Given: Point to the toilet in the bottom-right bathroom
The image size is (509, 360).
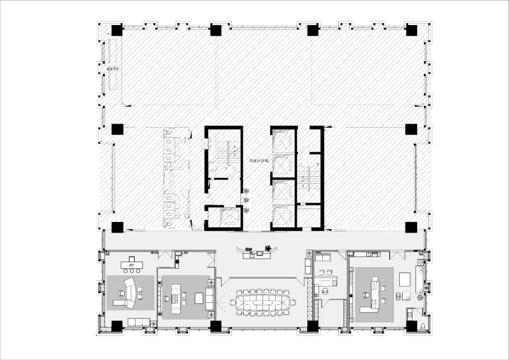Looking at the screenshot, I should coord(422,327).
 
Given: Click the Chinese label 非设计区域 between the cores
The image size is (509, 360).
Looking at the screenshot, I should coord(259,161).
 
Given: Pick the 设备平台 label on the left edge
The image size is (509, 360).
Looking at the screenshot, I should coord(113,69).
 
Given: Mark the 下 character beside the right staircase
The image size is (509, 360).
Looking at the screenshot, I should coord(319,165).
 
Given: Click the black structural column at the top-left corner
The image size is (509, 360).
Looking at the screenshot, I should coord(117,31).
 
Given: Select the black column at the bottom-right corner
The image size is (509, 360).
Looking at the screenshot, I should coord(411,326).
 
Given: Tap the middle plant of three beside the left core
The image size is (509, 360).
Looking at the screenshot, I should coord(246,201).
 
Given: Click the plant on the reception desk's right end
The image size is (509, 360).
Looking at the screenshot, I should coord(268,248).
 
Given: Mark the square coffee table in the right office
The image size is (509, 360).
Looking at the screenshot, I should coord(405,279).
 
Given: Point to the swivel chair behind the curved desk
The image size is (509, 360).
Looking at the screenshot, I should coord(120,293).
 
